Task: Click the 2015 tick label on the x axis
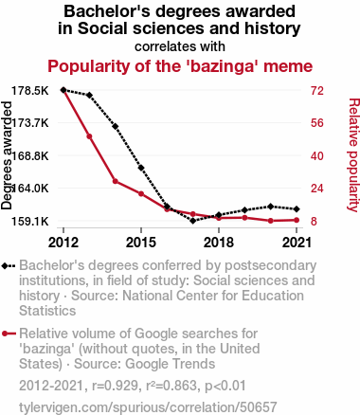(141, 243)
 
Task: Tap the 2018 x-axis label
(219, 243)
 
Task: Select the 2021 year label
(297, 243)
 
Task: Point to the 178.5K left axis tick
(30, 91)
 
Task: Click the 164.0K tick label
(30, 189)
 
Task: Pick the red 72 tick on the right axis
(317, 91)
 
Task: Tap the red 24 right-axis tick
(317, 189)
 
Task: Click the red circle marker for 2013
(89, 136)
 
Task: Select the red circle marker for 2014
(116, 181)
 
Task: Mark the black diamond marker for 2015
(141, 168)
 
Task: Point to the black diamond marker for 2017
(193, 221)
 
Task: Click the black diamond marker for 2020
(271, 207)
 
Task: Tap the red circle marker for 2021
(297, 220)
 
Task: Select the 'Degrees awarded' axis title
(7, 155)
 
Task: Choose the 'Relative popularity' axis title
(353, 155)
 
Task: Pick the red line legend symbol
(9, 334)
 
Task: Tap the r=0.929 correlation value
(115, 386)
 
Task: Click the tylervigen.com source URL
(148, 407)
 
